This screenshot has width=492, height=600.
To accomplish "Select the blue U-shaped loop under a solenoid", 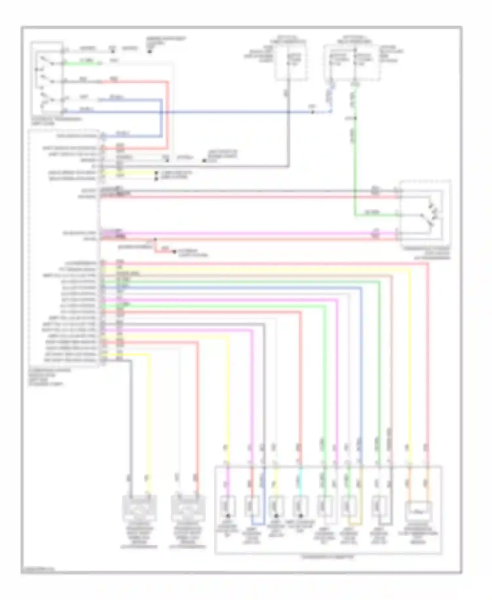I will (257, 524).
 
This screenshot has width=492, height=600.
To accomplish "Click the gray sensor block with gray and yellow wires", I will (139, 508).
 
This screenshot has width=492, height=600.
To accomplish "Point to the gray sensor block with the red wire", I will (188, 508).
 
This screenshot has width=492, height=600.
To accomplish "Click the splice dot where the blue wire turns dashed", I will (313, 112).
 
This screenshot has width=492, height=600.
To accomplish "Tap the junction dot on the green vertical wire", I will (355, 118).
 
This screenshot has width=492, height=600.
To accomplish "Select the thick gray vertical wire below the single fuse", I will (289, 131).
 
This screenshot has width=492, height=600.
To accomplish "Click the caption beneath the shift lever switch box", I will (56, 120).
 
